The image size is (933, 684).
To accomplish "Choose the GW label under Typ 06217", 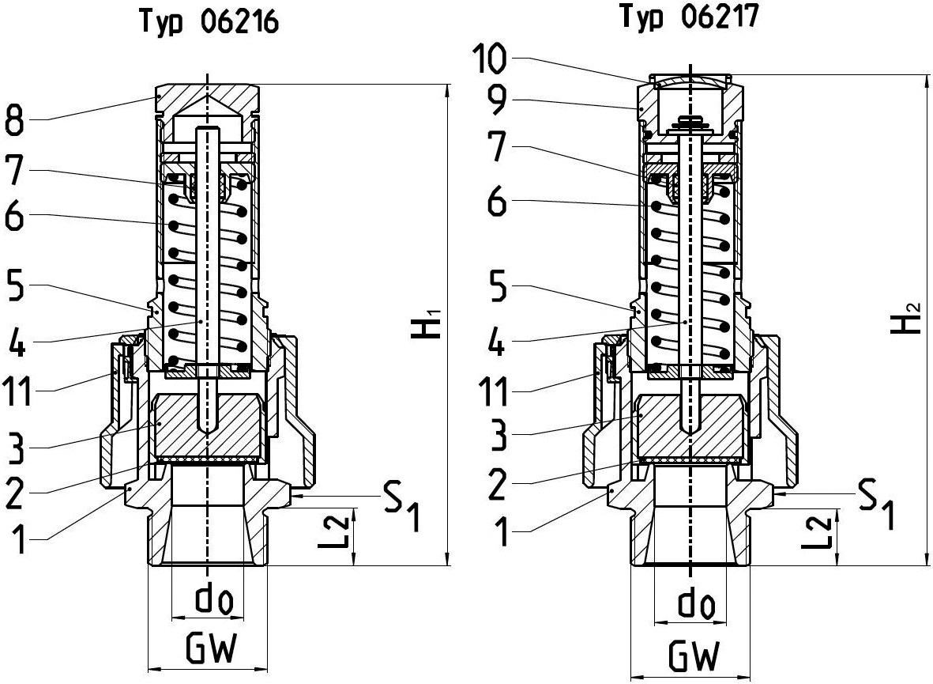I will [694, 656].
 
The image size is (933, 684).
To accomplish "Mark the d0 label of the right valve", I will [694, 606].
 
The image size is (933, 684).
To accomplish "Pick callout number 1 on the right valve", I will [502, 531].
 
